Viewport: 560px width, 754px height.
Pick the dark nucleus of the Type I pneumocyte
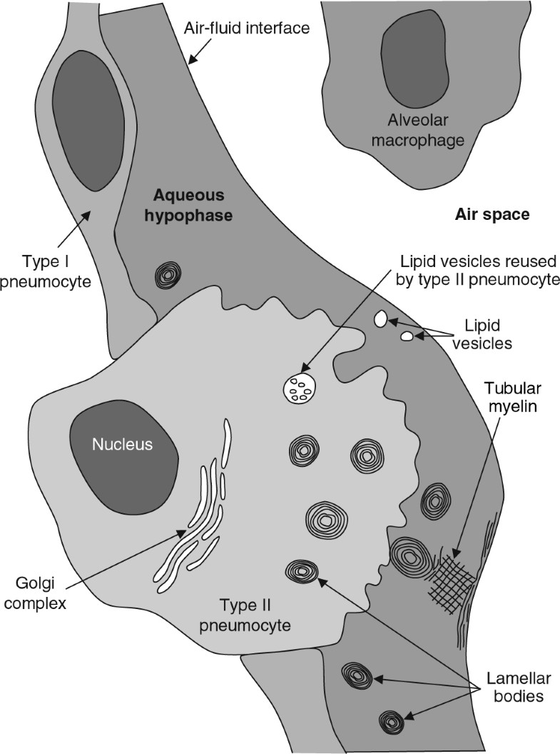[x=88, y=121]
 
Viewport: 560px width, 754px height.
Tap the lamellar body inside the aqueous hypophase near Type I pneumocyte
[x=168, y=274]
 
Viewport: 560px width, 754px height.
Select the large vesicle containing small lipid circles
[x=300, y=389]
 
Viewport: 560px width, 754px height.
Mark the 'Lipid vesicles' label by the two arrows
[x=489, y=334]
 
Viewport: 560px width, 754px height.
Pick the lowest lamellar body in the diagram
[x=392, y=722]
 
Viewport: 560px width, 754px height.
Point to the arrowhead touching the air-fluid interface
[x=191, y=63]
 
